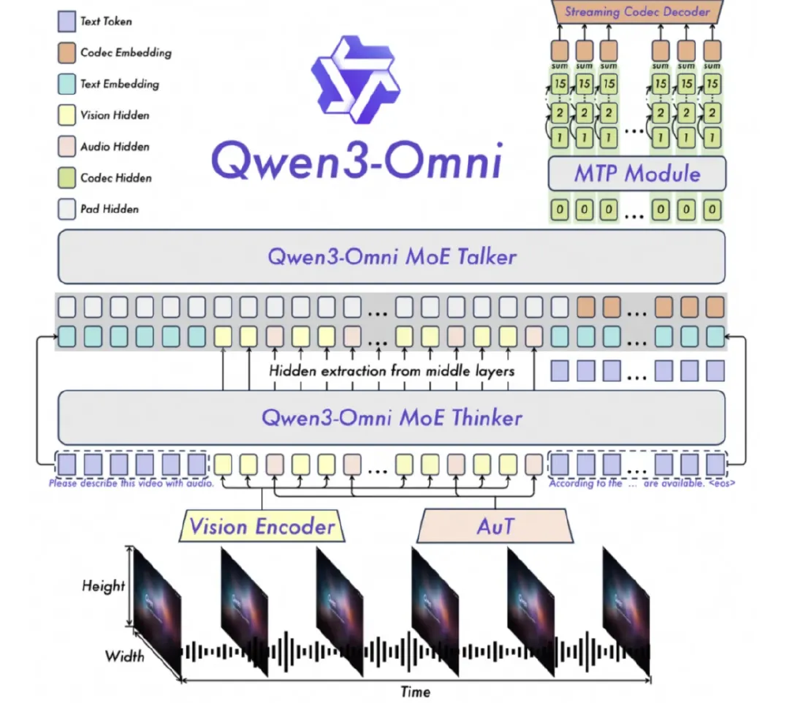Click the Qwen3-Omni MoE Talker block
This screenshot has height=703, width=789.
click(x=391, y=257)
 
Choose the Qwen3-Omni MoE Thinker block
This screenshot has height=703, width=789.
click(x=391, y=417)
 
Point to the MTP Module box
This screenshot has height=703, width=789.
click(x=636, y=173)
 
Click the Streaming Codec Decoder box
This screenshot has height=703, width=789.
click(x=636, y=12)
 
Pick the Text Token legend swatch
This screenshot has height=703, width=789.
click(x=67, y=22)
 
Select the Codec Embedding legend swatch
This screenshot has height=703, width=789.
click(x=67, y=54)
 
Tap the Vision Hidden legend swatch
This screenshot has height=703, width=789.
click(x=67, y=116)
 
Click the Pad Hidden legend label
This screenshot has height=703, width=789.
click(x=110, y=209)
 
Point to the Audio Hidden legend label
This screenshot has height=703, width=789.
click(x=114, y=147)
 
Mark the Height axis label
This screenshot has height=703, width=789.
click(x=103, y=585)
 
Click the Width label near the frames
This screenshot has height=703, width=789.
click(x=124, y=656)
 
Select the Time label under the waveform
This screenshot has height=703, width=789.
click(x=415, y=692)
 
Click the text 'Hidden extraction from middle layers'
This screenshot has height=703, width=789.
click(x=391, y=371)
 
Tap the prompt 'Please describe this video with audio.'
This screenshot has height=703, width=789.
click(x=131, y=484)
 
